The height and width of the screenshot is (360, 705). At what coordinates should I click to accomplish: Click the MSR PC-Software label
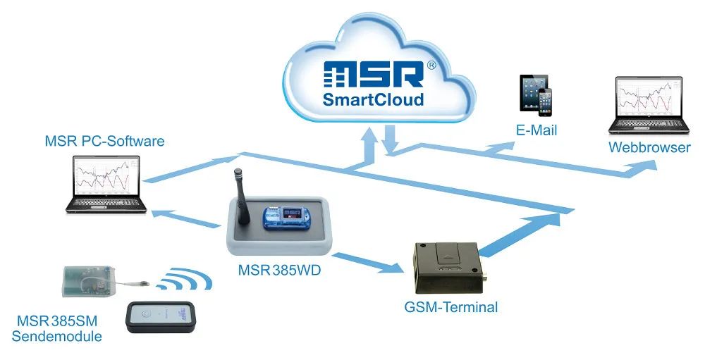point(104,141)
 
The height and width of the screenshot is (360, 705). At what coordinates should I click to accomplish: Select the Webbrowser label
point(649,148)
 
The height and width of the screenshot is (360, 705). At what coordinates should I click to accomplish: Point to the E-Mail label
point(537,130)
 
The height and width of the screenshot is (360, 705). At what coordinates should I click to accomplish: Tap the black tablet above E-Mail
point(532,92)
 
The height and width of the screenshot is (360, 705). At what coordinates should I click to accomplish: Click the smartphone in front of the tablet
point(545,102)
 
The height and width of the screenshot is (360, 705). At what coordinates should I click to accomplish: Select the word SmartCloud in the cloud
point(373,99)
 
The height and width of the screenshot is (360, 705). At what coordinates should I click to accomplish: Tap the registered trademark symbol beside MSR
point(431,64)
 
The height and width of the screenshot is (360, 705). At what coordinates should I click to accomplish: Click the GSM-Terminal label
point(451,307)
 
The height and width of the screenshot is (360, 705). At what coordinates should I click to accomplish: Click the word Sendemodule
point(58,336)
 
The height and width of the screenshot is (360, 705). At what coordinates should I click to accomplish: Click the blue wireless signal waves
point(185,279)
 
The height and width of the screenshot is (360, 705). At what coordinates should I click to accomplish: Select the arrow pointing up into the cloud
point(368,145)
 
